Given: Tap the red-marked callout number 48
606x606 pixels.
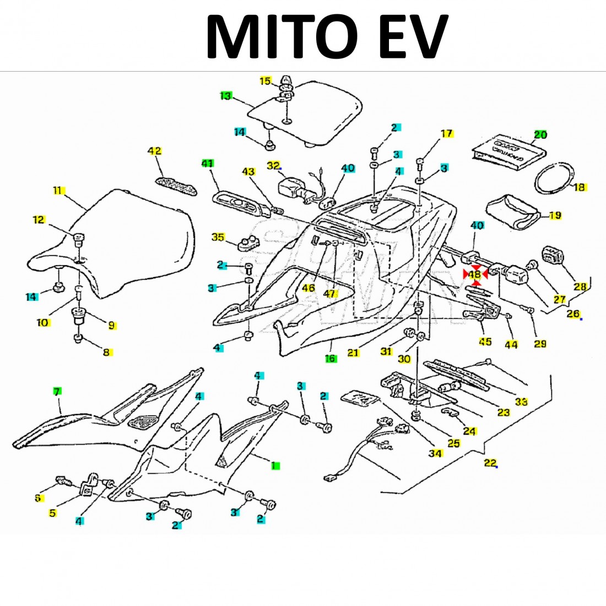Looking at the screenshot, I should click(x=474, y=274).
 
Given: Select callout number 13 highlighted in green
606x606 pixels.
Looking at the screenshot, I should click(x=225, y=96).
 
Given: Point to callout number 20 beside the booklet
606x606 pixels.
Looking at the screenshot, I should click(x=540, y=135).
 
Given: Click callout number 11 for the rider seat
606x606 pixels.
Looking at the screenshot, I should click(x=58, y=191).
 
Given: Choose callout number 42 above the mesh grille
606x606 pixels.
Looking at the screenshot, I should click(x=155, y=151).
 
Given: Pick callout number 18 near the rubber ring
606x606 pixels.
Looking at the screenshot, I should click(x=579, y=187).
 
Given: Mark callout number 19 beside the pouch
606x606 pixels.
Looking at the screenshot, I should click(x=555, y=215).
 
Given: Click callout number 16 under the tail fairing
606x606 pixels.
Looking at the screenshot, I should click(x=331, y=359).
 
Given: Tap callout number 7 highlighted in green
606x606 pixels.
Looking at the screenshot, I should click(x=57, y=391).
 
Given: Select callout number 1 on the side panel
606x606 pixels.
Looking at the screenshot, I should click(x=274, y=466).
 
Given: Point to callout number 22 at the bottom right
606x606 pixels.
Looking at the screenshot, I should click(x=490, y=463).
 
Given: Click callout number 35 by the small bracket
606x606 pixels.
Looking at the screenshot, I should click(x=218, y=237).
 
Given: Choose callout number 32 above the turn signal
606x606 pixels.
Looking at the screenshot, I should click(x=273, y=165).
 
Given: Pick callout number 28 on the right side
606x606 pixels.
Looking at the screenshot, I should click(x=580, y=286).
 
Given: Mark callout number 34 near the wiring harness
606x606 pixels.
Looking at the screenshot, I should click(x=436, y=453).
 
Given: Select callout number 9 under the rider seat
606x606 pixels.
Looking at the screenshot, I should click(x=111, y=325).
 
